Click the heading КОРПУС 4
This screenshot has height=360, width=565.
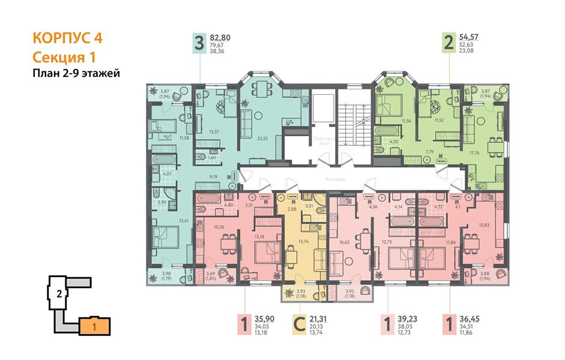click(67, 38)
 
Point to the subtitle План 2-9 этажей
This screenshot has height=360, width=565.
click(76, 74)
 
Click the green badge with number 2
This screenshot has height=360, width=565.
click(447, 44)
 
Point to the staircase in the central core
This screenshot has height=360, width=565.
click(352, 120)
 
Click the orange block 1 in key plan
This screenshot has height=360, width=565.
click(95, 328)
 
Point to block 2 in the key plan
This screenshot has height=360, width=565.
click(59, 294)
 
